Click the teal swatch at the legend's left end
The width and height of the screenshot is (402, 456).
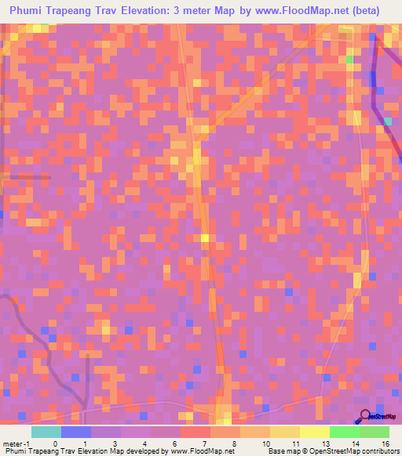[46, 432]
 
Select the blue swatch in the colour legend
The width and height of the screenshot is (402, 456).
[75, 432]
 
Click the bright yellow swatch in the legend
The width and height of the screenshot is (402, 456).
[314, 432]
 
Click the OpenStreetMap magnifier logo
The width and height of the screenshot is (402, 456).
[366, 415]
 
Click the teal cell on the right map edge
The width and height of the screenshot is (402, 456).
[388, 121]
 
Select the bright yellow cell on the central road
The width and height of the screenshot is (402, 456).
[204, 237]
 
